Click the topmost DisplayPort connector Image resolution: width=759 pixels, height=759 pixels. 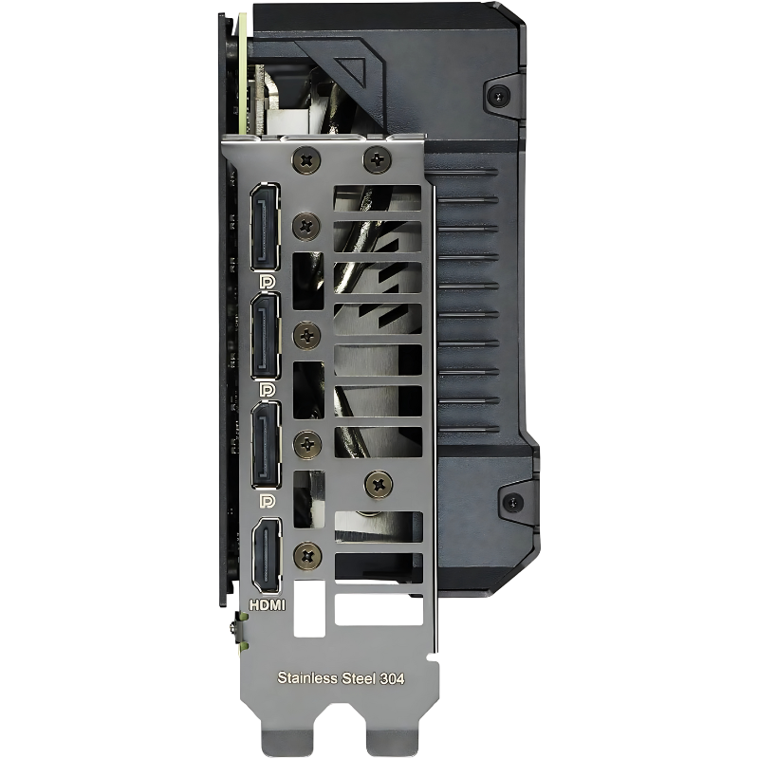(265, 227)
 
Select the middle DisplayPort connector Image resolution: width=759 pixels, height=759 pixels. (266, 336)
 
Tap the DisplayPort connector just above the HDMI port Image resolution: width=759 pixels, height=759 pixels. (266, 445)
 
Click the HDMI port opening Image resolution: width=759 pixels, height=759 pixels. (266, 556)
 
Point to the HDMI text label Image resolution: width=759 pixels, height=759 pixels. (268, 604)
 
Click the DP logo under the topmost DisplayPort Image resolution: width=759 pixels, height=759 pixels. (267, 282)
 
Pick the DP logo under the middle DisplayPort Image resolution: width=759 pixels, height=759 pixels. (267, 390)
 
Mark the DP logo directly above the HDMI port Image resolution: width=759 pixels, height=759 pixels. (268, 501)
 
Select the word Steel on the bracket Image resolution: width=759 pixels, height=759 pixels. (359, 678)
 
